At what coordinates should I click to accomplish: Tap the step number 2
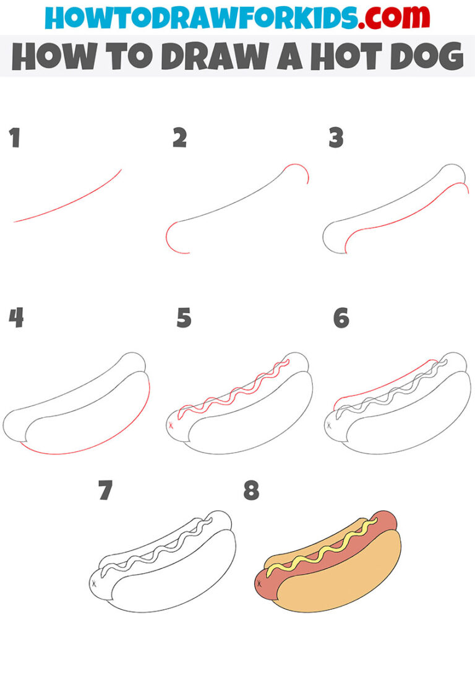[x=179, y=139]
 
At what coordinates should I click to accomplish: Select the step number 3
[x=336, y=139]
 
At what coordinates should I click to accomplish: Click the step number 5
[x=184, y=318]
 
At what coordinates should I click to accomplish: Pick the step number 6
[x=341, y=318]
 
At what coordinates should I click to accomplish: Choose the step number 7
[x=106, y=492]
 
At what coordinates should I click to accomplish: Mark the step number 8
[x=250, y=492]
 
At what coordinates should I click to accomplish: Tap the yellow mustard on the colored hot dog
[x=322, y=547]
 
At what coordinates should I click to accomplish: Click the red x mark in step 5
[x=171, y=425]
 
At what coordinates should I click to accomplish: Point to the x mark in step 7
[x=94, y=583]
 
